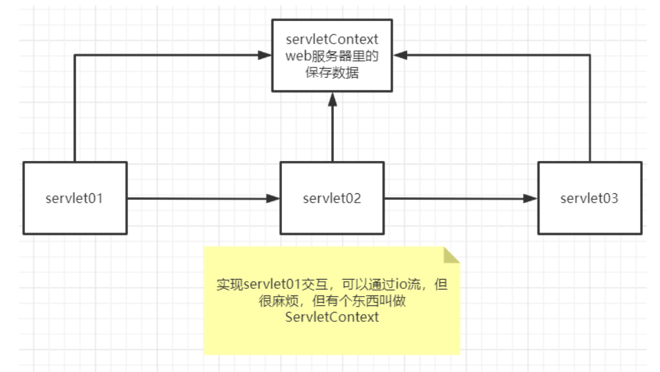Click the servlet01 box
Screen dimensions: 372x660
(x=74, y=197)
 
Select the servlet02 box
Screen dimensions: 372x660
(x=332, y=198)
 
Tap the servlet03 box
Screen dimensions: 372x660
(x=589, y=198)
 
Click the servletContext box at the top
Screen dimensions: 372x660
(x=332, y=55)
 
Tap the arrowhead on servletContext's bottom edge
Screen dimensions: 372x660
(x=333, y=98)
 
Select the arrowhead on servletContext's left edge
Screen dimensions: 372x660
(x=266, y=55)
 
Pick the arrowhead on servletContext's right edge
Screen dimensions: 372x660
(x=399, y=55)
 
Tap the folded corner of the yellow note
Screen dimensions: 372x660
(x=451, y=255)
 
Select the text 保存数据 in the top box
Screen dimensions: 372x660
(x=332, y=73)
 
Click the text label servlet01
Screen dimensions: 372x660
(x=74, y=198)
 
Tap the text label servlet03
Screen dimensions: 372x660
(x=589, y=198)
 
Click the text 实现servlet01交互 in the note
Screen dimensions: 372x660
(x=267, y=285)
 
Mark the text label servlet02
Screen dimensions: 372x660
(x=332, y=198)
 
